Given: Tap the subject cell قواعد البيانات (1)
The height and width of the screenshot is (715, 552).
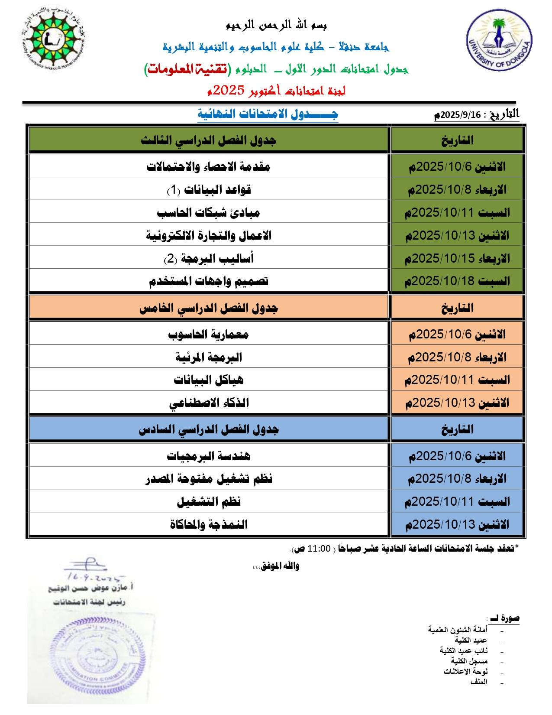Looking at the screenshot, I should pos(209,189).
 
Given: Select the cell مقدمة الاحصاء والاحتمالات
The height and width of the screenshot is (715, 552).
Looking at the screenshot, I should pos(209,166).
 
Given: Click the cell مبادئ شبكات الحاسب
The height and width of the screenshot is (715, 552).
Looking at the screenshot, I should pos(209,212).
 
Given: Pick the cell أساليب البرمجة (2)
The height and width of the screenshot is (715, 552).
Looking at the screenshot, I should pos(209,258).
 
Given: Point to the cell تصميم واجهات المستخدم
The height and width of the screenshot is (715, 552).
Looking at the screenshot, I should pos(209,281).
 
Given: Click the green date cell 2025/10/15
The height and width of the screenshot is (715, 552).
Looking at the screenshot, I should pos(457,259).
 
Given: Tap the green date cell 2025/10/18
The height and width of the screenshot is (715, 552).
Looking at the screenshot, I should pos(457,281).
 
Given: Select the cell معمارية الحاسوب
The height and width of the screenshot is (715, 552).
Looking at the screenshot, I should pos(209,334).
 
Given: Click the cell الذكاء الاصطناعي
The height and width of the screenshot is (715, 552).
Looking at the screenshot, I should pos(209,403).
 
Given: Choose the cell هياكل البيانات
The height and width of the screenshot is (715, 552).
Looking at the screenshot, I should pos(209,380).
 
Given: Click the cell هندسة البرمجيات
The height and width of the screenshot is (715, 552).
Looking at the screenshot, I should pos(209,455).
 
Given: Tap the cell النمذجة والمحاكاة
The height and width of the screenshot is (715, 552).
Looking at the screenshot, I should pos(209,524).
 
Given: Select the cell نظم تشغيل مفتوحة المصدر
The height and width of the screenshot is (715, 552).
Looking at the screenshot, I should pos(209,478).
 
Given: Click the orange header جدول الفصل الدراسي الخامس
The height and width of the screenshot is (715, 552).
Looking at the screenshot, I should pos(209,308).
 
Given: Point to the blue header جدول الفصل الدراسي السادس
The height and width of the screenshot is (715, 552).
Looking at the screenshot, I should pos(209,429).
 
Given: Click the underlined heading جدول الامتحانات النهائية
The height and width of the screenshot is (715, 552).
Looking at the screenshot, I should pos(268,114).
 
